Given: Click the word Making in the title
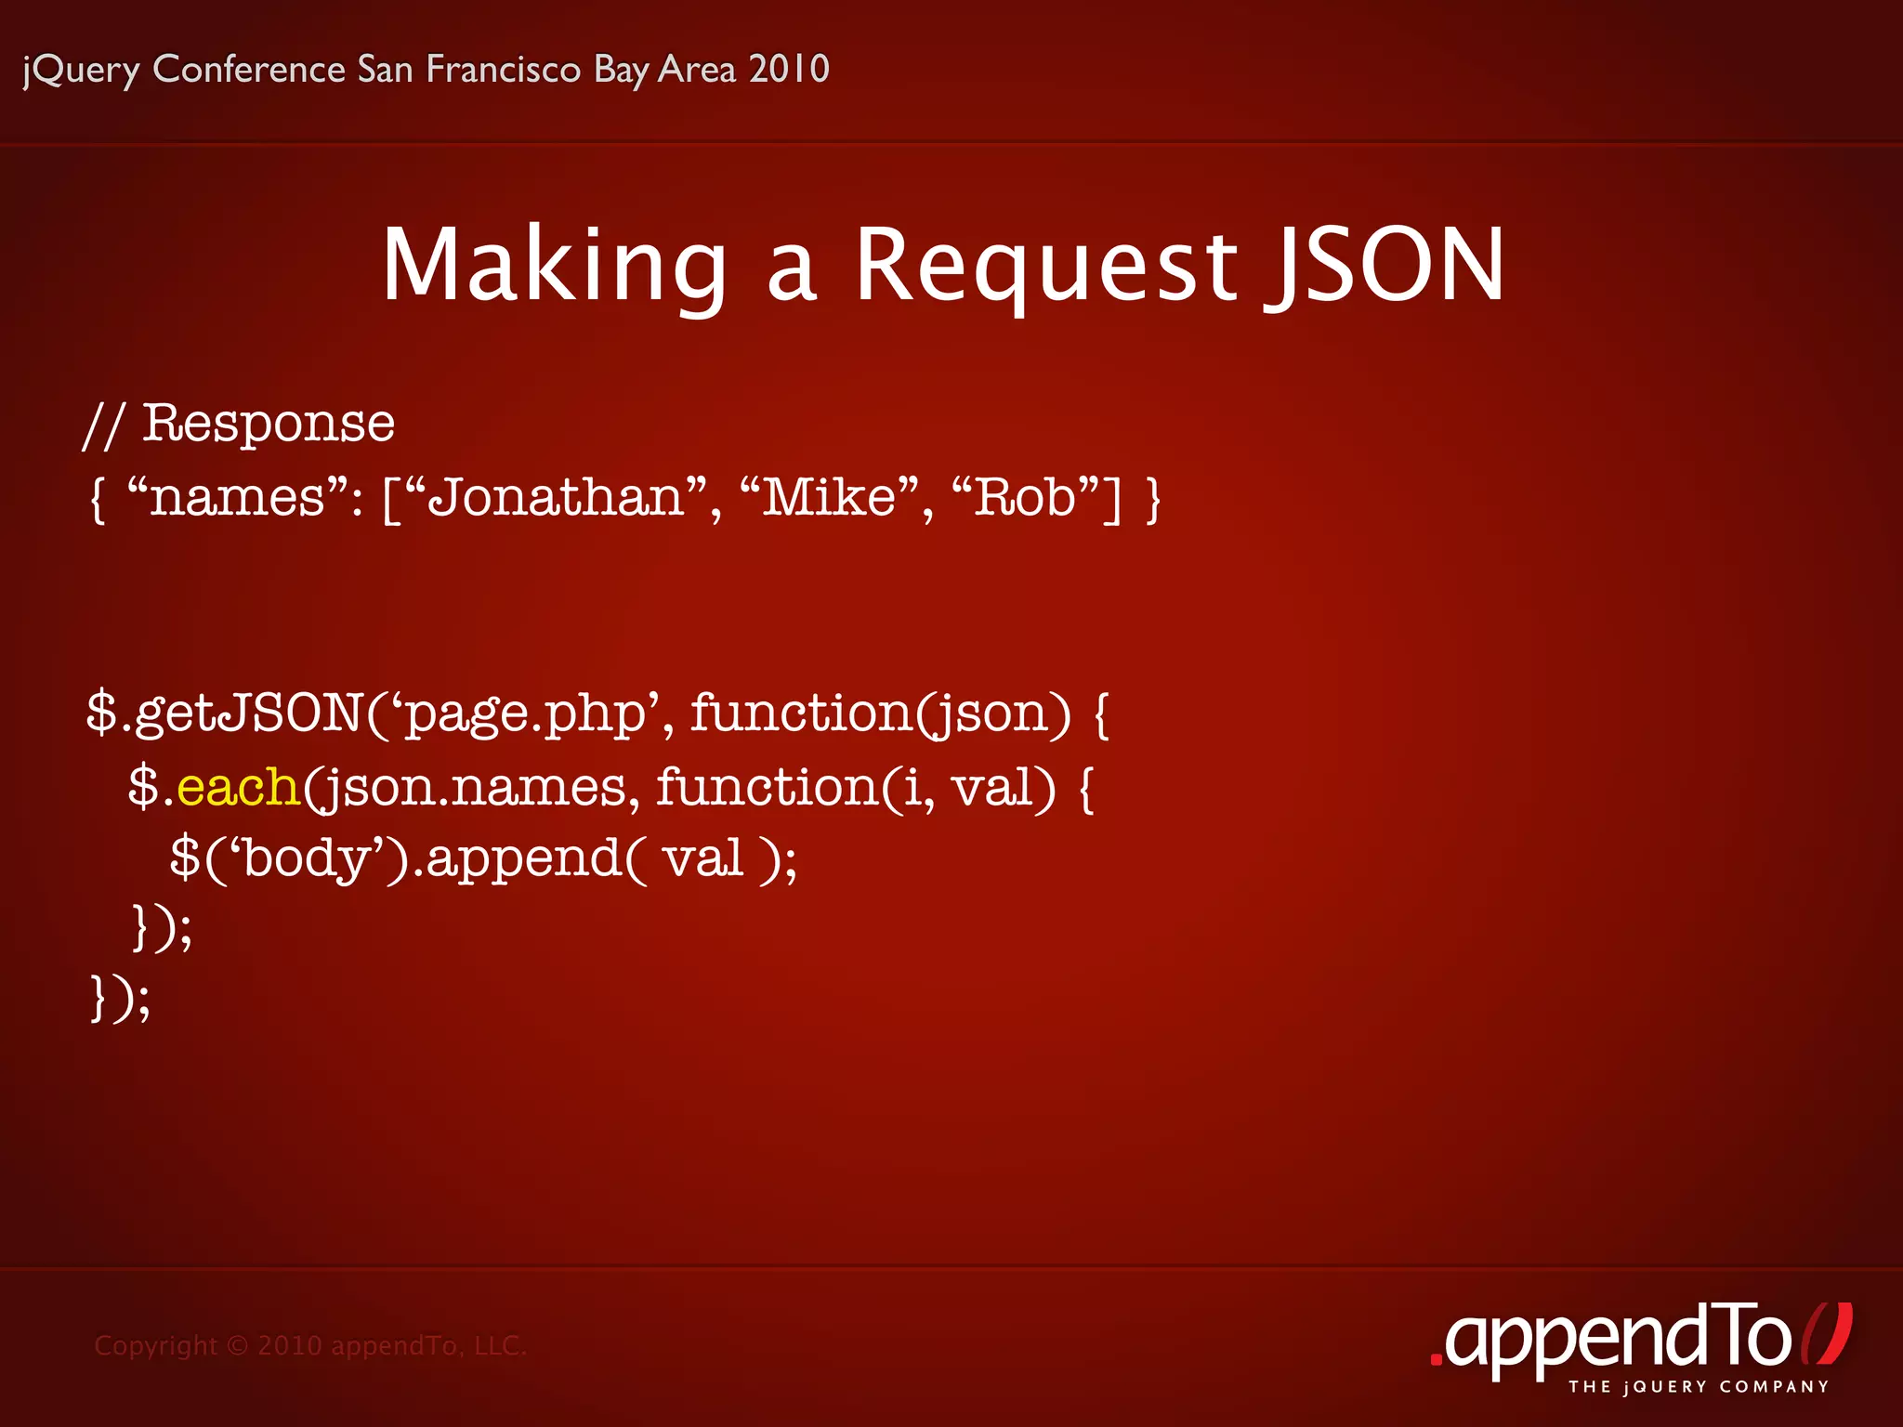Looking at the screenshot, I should point(554,266).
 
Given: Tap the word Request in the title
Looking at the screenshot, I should point(1046,266).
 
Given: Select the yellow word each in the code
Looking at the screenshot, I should point(237,787).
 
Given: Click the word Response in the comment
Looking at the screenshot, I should point(269,424).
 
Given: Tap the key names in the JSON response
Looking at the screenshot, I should point(237,499).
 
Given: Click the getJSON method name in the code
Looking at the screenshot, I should point(248,713).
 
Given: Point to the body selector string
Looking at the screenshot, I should point(307,858).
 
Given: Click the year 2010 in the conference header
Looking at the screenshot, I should point(789,69).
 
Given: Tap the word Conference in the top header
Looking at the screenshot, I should point(249,69).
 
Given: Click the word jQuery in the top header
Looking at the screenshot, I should point(82,71).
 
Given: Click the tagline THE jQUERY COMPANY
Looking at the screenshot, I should point(1699,1387).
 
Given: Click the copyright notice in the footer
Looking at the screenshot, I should point(310,1345).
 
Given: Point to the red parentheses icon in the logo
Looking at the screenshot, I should point(1827,1334).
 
